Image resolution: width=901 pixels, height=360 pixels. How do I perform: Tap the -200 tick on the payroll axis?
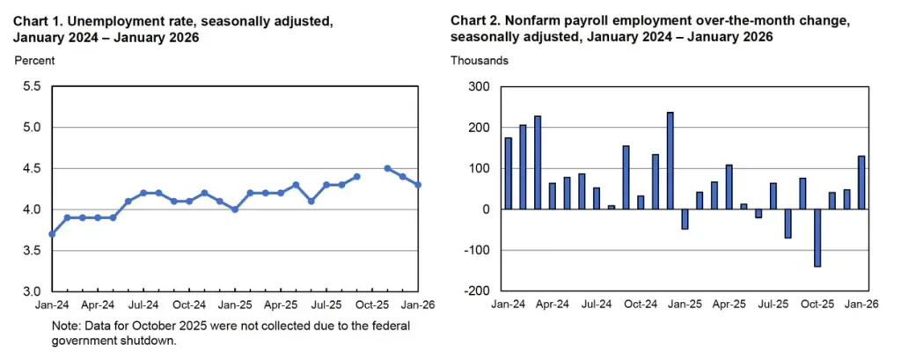coord(478,291)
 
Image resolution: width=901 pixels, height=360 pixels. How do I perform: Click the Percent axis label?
coord(34,61)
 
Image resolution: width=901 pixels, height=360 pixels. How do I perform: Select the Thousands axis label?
coord(479,61)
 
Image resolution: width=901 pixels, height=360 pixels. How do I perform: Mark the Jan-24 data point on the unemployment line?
coord(52,234)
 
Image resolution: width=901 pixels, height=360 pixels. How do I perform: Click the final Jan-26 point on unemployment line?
coord(418,185)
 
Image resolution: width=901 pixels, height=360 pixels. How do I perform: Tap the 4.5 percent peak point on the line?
coord(387,168)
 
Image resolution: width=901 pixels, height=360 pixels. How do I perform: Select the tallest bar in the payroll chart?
coord(670,161)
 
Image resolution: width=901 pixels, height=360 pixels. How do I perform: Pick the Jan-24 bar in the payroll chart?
coord(508,173)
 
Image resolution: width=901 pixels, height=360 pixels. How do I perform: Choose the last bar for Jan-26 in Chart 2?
coord(861,182)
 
